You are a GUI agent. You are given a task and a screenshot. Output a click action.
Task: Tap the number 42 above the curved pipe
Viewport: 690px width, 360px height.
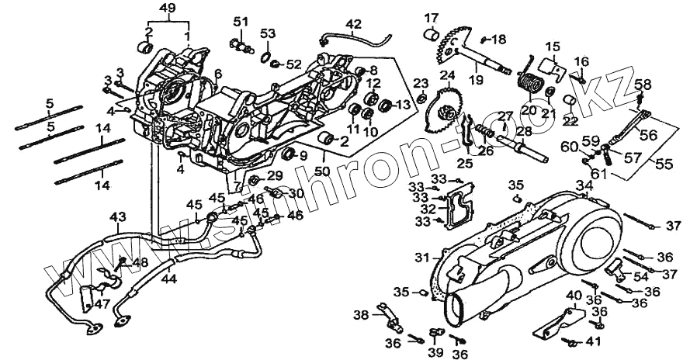pos(353,24)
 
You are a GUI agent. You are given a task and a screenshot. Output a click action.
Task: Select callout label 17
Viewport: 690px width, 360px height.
pos(431,17)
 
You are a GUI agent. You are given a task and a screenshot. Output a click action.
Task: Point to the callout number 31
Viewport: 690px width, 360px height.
pos(421,257)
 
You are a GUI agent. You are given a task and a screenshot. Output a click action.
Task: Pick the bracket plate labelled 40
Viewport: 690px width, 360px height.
pos(559,324)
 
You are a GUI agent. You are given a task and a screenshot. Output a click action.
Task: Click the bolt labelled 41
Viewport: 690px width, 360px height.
pos(573,341)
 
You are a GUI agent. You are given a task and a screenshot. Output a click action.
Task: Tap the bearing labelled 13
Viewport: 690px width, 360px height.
pos(385,103)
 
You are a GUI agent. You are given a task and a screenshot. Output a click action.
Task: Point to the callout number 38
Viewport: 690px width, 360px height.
pos(362,315)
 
